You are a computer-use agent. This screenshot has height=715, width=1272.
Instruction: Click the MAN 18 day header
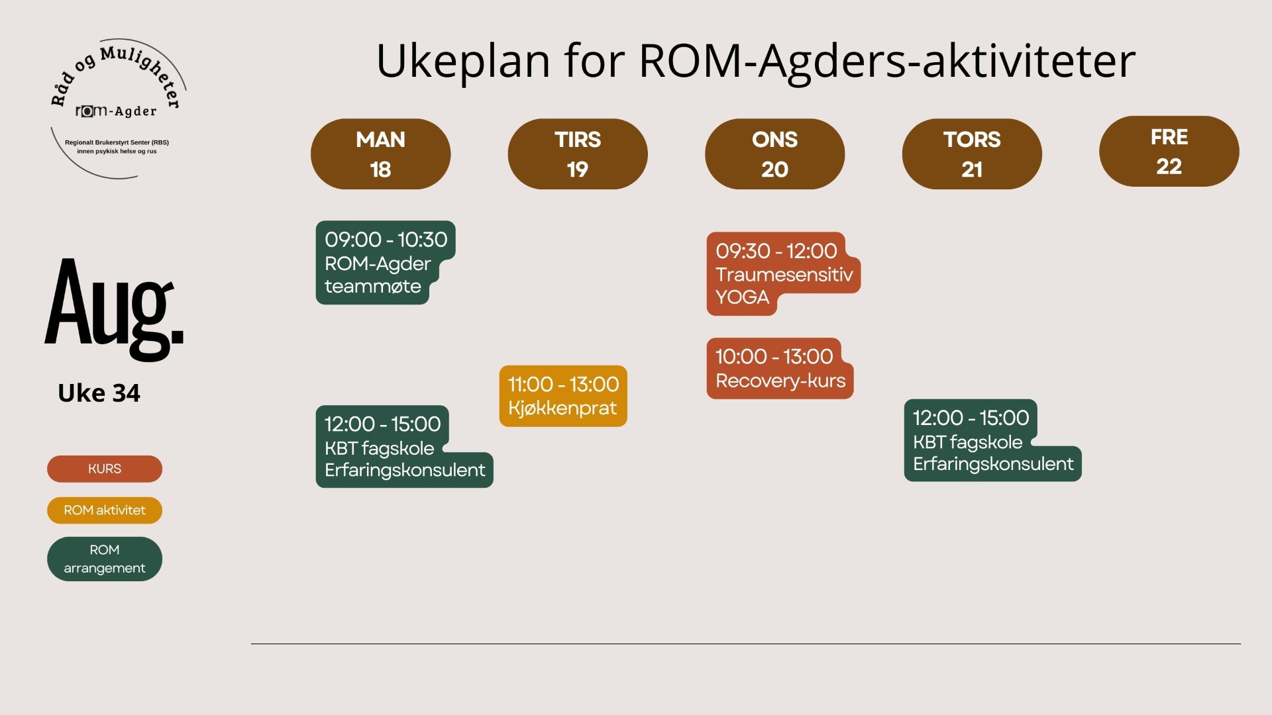click(x=380, y=154)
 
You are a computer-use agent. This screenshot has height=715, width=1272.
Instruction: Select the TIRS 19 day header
click(x=578, y=154)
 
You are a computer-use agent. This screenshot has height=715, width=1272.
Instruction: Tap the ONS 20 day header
click(x=774, y=154)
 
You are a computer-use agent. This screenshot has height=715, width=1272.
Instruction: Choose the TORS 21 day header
click(x=972, y=154)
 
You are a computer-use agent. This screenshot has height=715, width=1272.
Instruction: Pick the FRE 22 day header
click(x=1169, y=151)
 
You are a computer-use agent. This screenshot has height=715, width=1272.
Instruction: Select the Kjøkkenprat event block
click(x=563, y=396)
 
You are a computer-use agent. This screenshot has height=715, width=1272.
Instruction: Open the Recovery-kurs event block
click(x=780, y=368)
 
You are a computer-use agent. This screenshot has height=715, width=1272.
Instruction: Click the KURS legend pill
click(x=105, y=469)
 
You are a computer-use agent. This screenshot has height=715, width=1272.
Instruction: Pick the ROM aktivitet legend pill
click(x=105, y=510)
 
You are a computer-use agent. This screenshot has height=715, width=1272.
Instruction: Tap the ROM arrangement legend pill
click(x=105, y=559)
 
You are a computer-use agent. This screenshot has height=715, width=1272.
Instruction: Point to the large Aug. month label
click(x=114, y=309)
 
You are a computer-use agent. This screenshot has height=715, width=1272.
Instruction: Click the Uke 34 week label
click(x=99, y=393)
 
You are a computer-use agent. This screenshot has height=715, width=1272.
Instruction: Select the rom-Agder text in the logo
click(x=116, y=111)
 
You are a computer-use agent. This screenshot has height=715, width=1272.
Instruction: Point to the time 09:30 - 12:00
click(x=776, y=251)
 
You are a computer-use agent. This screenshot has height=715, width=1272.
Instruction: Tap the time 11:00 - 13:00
click(x=563, y=384)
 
